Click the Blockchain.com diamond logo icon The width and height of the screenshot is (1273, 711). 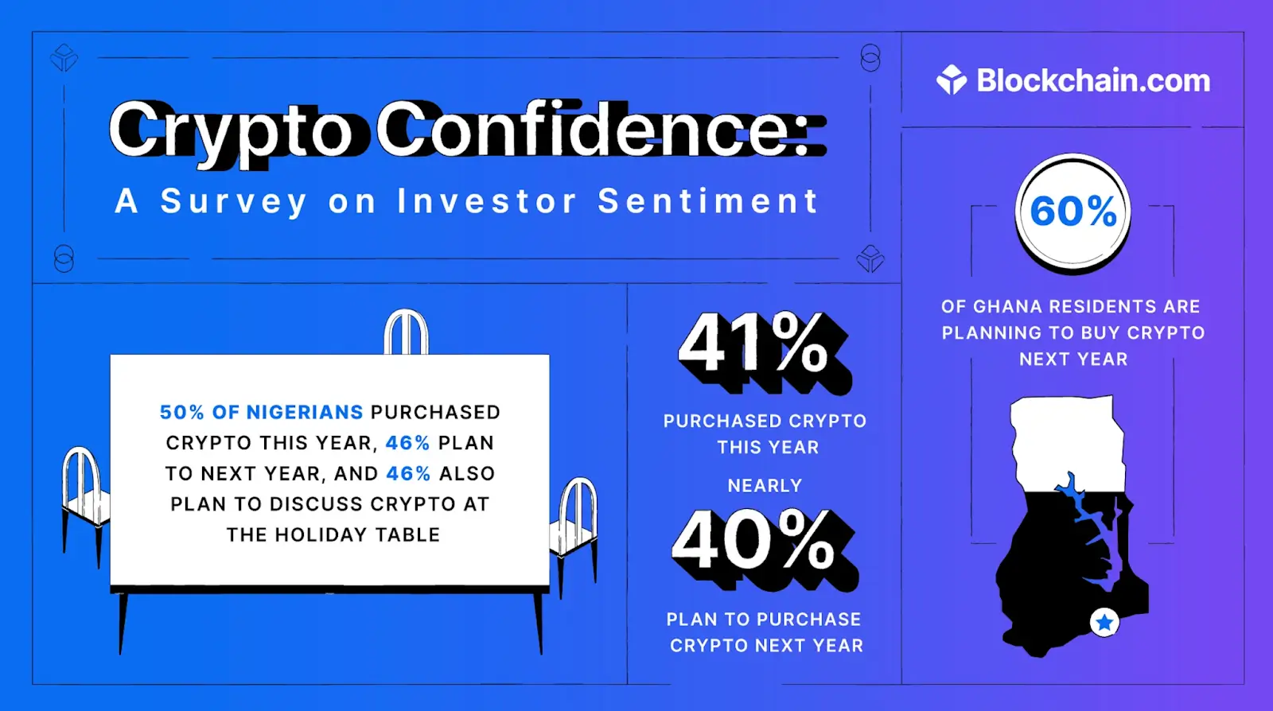952,80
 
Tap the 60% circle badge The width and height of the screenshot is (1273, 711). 1073,212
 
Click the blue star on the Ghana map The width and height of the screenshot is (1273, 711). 1104,623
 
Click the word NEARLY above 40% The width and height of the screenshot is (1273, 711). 765,486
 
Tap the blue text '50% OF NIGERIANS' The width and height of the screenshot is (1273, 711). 261,412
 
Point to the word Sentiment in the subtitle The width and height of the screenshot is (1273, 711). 707,200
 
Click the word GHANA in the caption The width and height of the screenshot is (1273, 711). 1007,307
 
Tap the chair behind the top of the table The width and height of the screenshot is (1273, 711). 406,331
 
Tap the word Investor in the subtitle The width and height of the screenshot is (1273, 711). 487,200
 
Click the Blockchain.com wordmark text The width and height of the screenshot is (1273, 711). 1093,80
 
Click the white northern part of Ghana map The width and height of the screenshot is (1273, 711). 1067,443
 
